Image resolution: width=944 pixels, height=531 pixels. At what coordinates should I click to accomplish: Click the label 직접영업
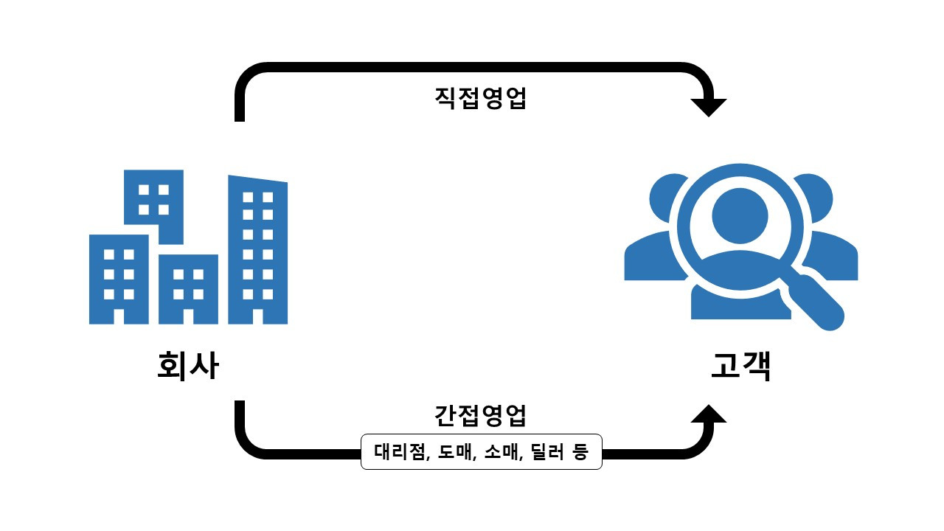[x=480, y=99]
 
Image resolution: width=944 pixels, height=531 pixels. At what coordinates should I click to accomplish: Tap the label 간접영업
[x=480, y=415]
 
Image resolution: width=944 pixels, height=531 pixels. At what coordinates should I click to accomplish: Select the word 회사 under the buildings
[x=188, y=365]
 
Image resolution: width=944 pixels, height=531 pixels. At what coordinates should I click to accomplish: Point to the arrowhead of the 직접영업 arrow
[x=709, y=107]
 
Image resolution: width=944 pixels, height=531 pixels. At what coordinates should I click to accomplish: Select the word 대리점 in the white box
[x=401, y=452]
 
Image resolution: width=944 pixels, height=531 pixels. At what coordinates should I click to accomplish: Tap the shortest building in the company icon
[x=188, y=284]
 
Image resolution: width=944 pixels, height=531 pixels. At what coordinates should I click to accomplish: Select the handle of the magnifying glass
[x=820, y=302]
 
